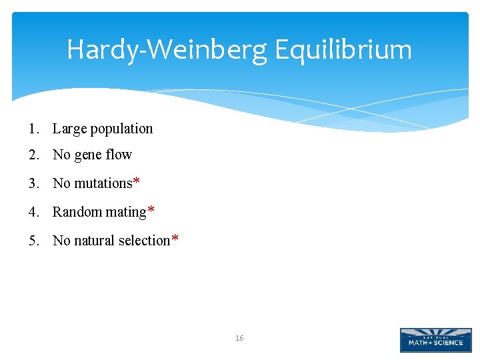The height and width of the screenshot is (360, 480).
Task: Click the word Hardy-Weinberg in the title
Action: (166, 50)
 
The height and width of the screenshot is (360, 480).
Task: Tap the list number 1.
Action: (33, 129)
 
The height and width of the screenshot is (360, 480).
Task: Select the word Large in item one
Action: (70, 129)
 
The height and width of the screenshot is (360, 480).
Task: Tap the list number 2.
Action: (33, 155)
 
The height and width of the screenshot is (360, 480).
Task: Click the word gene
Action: (89, 155)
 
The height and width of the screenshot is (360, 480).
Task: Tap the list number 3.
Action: (33, 183)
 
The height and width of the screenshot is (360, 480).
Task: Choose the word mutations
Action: (103, 183)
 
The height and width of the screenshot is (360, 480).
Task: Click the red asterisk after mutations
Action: (137, 182)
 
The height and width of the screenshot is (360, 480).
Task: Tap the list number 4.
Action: (33, 212)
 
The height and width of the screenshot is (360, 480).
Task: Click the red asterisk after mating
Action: (151, 211)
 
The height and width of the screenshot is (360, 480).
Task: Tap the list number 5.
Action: (33, 241)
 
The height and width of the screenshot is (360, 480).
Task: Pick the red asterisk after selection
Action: (175, 239)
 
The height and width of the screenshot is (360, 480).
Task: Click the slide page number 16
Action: (239, 339)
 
